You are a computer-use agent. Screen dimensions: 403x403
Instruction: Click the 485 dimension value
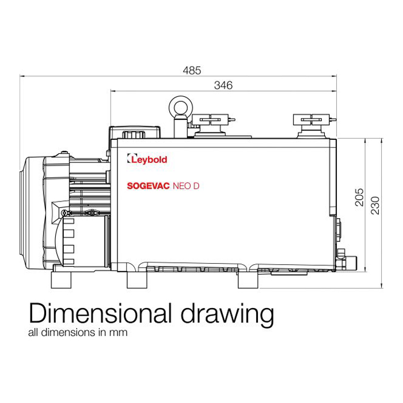[192, 70]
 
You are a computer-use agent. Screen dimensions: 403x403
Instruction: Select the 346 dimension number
[223, 85]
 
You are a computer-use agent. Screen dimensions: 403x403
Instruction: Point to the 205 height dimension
[359, 197]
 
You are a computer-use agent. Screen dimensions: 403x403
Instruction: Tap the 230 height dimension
[375, 206]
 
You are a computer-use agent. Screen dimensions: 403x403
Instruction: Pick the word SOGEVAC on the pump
[149, 186]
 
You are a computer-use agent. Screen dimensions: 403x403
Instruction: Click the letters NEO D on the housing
[186, 186]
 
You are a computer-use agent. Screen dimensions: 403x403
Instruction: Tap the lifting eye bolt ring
[181, 108]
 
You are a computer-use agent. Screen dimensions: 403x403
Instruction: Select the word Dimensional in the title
[100, 313]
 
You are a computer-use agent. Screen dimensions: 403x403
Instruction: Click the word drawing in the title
[227, 315]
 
